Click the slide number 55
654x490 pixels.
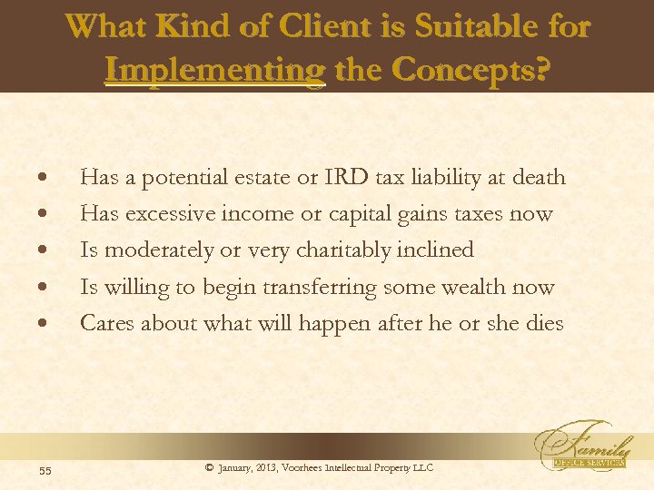[45, 469]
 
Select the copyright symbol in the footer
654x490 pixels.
[209, 467]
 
